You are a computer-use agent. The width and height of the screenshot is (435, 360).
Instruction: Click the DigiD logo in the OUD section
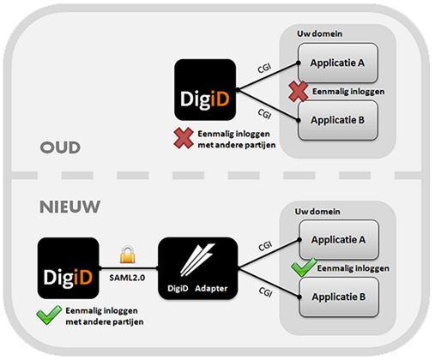pyautogui.click(x=205, y=90)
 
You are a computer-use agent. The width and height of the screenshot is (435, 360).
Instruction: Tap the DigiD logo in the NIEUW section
pyautogui.click(x=69, y=268)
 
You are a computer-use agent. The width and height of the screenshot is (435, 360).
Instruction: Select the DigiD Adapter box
pyautogui.click(x=198, y=268)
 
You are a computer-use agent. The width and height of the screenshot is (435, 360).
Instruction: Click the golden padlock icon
pyautogui.click(x=128, y=255)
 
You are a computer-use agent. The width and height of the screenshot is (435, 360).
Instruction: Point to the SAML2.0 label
pyautogui.click(x=127, y=278)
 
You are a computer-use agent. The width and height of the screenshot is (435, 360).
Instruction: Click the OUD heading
pyautogui.click(x=60, y=147)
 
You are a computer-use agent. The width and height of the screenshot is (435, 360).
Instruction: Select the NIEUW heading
pyautogui.click(x=69, y=207)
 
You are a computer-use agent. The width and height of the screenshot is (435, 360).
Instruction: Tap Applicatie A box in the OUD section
pyautogui.click(x=338, y=63)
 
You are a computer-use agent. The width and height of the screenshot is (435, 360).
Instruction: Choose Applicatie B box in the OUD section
pyautogui.click(x=338, y=120)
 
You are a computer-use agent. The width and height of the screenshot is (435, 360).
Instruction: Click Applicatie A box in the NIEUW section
pyautogui.click(x=339, y=239)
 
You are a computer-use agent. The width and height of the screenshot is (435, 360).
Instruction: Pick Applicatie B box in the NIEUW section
pyautogui.click(x=339, y=297)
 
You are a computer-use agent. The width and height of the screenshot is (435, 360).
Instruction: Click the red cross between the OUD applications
pyautogui.click(x=299, y=92)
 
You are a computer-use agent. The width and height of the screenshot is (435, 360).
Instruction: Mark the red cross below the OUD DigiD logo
pyautogui.click(x=184, y=138)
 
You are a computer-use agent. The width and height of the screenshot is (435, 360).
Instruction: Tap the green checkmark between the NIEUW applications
pyautogui.click(x=304, y=267)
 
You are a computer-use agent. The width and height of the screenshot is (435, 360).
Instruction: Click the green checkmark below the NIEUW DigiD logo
pyautogui.click(x=49, y=315)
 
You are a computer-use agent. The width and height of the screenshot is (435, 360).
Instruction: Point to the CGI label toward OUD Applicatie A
pyautogui.click(x=264, y=69)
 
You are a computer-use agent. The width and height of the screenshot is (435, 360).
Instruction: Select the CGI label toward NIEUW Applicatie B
pyautogui.click(x=265, y=292)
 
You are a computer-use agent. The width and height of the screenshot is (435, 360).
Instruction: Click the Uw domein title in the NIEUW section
pyautogui.click(x=317, y=212)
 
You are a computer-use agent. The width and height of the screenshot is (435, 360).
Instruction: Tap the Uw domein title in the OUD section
pyautogui.click(x=319, y=33)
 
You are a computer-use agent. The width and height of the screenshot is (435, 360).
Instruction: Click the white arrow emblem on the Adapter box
pyautogui.click(x=197, y=260)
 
